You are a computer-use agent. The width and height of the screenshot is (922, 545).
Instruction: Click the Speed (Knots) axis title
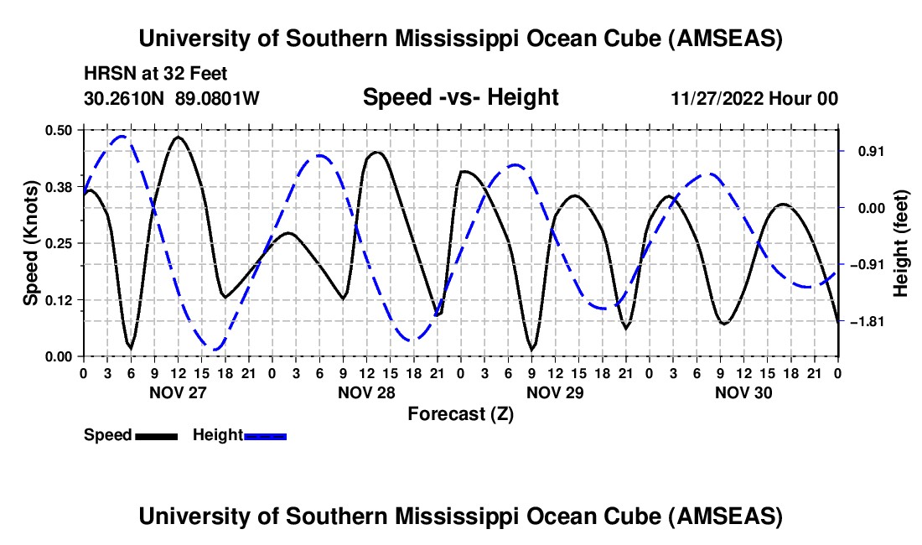[30, 243]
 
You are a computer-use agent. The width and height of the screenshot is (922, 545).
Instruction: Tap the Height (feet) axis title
[901, 243]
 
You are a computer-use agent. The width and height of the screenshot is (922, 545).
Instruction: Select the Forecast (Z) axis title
[460, 413]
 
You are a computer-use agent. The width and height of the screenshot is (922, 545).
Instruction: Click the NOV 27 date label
[178, 392]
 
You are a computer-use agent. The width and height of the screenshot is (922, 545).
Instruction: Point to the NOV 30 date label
[743, 392]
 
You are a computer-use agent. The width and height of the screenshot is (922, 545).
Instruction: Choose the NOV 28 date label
[366, 392]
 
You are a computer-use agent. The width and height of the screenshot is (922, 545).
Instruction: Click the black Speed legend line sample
[156, 435]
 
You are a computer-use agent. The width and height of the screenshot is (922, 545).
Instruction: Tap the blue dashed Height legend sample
[265, 435]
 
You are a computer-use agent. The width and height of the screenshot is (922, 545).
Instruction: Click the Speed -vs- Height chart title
[460, 97]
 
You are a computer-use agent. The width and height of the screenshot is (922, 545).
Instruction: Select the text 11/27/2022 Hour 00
[754, 98]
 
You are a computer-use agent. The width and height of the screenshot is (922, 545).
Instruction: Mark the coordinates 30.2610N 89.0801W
[172, 98]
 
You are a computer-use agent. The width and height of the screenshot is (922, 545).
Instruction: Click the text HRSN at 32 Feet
[156, 74]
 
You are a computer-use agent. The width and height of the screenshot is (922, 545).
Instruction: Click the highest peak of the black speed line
[178, 137]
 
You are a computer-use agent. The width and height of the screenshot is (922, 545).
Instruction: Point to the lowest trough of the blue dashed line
[215, 349]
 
